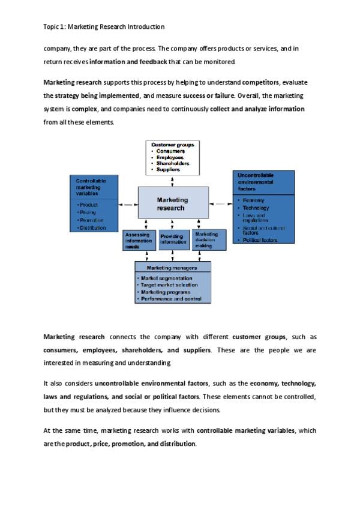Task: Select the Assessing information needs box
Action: pos(139,240)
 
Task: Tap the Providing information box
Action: pos(173,239)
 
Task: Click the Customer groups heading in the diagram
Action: pos(173,145)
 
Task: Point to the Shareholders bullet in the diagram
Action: pos(173,163)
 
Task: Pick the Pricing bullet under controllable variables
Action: pos(88,212)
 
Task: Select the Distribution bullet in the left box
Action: pos(92,228)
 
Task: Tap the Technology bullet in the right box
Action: pos(256,208)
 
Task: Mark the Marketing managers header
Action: pos(172,268)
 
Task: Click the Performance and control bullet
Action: pos(170,298)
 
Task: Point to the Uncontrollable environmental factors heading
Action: pos(256,181)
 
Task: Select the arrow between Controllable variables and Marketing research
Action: pos(127,205)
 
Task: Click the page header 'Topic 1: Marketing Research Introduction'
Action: pos(104,27)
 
